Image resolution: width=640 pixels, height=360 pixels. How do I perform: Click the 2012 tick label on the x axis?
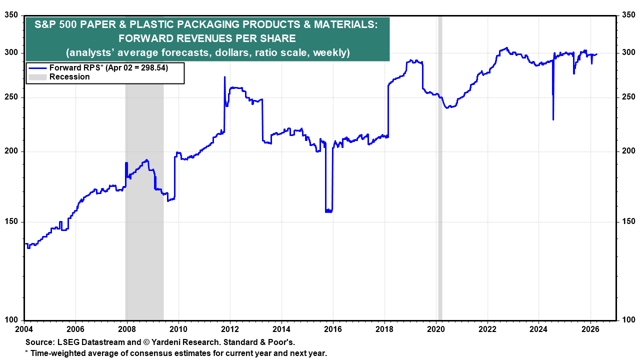click(229, 329)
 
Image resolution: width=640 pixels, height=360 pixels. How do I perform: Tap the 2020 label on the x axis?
click(435, 329)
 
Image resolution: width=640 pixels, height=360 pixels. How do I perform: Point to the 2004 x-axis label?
click(24, 329)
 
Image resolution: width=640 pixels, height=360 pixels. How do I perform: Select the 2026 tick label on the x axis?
click(590, 329)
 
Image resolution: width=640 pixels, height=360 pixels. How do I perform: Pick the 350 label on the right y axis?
click(628, 15)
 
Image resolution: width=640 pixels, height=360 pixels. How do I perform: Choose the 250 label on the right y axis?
click(628, 97)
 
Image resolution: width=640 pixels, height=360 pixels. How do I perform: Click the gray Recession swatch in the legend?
click(38, 77)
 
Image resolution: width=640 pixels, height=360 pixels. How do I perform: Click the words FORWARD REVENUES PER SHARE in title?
click(207, 38)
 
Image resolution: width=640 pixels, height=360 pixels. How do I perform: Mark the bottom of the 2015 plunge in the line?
click(328, 211)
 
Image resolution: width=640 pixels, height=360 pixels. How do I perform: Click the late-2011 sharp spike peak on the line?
click(224, 77)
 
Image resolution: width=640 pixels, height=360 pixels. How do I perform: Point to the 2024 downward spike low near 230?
click(553, 119)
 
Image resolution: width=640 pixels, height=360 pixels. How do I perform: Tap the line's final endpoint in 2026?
click(596, 54)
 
